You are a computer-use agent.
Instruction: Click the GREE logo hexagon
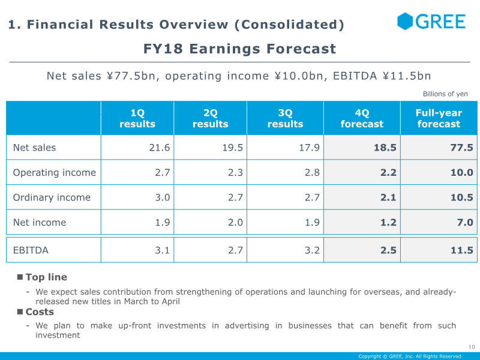[405, 22]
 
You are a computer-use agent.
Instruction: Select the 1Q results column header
[137, 118]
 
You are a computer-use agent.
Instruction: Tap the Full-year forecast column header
[439, 118]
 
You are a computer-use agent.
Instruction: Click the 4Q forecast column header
[362, 118]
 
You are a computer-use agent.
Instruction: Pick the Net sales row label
[34, 148]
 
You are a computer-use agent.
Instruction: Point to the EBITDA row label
[31, 250]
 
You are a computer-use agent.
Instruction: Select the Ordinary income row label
[52, 197]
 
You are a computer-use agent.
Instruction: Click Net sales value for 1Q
[160, 148]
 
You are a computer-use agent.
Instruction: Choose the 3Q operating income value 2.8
[312, 172]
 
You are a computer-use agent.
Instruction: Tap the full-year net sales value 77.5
[461, 148]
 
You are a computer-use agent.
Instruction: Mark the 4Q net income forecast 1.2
[388, 222]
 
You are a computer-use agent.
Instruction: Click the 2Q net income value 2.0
[235, 222]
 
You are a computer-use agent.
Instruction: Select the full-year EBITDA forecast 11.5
[461, 250]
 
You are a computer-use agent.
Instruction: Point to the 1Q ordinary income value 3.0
[162, 197]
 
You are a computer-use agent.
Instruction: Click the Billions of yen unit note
[445, 94]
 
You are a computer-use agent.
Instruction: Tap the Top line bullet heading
[46, 277]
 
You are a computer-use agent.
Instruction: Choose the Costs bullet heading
[40, 311]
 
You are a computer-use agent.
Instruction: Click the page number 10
[472, 347]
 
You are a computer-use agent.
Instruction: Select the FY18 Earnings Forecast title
[239, 49]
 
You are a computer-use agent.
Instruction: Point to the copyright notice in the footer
[410, 356]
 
